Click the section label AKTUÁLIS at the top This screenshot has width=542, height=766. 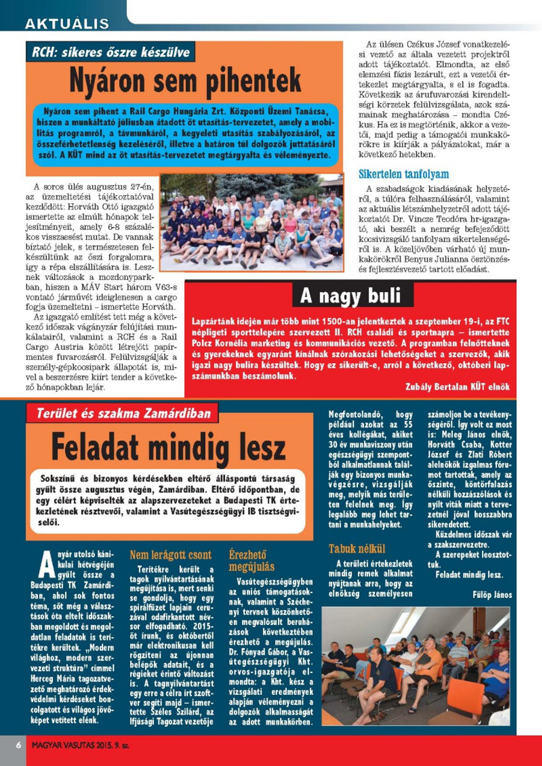67,24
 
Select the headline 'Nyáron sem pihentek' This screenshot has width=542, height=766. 185,82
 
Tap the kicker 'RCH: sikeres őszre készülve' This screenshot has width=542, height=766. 111,52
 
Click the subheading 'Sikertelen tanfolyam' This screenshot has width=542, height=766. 403,174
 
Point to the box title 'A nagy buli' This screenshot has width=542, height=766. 350,296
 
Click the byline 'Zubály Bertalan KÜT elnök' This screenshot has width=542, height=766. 457,387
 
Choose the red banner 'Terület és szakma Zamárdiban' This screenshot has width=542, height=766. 123,413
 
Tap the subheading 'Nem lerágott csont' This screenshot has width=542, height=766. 171,555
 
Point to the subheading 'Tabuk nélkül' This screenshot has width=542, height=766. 357,549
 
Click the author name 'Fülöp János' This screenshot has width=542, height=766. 492,595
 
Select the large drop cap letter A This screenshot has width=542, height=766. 47,565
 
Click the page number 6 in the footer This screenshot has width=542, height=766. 18,745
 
